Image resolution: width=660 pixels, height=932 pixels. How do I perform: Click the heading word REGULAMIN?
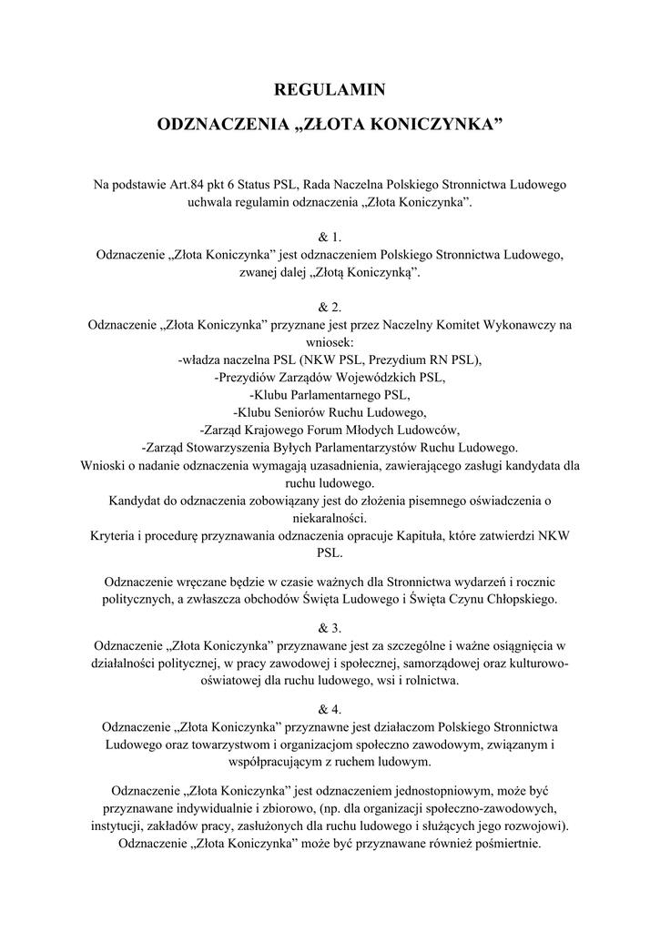(x=330, y=89)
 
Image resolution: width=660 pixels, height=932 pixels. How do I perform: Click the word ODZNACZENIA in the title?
(x=224, y=124)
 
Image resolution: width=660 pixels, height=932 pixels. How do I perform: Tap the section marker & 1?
(x=330, y=238)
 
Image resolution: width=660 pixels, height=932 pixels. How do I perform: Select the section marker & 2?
(x=330, y=307)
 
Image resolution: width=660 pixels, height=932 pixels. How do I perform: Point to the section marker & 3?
(x=330, y=628)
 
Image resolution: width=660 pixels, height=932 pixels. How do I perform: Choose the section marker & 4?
(x=330, y=708)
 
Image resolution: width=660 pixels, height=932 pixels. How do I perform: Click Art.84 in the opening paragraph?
(x=190, y=186)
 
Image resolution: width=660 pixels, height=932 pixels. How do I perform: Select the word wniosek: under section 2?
(x=330, y=342)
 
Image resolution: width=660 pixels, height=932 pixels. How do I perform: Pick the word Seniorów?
(x=311, y=412)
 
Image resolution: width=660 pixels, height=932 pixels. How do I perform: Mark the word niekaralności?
(x=330, y=517)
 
